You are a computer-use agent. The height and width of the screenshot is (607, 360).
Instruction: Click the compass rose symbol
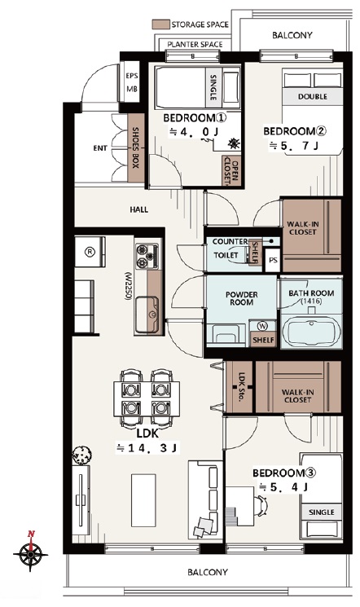[30, 553]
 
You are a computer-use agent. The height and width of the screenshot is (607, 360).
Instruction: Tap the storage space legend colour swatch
[161, 24]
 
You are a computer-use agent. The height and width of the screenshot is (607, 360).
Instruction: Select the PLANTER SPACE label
[195, 45]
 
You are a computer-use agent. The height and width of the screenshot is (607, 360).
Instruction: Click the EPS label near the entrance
[132, 76]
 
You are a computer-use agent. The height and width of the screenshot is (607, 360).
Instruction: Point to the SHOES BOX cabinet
[136, 147]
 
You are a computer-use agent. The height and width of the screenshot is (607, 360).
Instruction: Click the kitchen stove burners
[147, 256]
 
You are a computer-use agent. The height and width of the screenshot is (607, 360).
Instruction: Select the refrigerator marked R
[90, 252]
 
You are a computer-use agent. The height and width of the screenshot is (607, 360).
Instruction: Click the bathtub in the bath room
[312, 332]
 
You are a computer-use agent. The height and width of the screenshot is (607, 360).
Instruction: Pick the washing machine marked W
[263, 326]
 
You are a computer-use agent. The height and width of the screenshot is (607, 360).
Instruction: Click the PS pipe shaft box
[273, 260]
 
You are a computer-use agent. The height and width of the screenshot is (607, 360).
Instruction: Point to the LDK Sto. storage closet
[239, 387]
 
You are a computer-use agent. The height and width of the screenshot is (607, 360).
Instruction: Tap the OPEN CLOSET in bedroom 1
[231, 171]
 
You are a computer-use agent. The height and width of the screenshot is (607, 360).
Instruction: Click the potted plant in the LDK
[81, 455]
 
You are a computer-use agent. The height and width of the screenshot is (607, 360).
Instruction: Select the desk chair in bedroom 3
[261, 506]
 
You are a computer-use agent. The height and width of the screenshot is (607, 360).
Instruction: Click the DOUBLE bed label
[313, 96]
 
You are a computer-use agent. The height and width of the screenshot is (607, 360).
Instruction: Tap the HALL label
[139, 209]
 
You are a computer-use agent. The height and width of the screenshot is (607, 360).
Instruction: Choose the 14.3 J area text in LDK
[147, 448]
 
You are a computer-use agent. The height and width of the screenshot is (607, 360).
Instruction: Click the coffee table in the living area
[143, 500]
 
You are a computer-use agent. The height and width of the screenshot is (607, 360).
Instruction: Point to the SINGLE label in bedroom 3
[321, 512]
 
